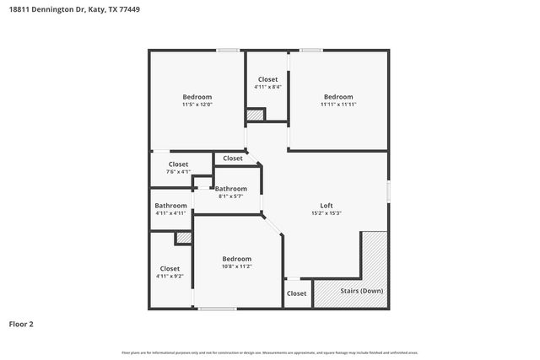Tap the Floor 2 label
tap(21, 323)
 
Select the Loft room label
tap(327, 206)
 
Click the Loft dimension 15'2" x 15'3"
tap(327, 214)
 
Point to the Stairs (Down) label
tap(361, 291)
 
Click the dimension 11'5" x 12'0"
tap(197, 105)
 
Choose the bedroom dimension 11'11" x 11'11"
tap(338, 105)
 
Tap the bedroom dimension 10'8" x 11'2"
tap(236, 266)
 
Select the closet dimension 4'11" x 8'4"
tap(267, 87)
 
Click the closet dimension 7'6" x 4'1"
tap(178, 172)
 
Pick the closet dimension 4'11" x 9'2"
tap(170, 277)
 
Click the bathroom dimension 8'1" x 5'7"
tap(230, 196)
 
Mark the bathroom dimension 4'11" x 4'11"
tap(170, 213)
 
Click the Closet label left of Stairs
tap(297, 293)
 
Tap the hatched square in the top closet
tap(255, 115)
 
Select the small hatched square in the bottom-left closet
tap(183, 239)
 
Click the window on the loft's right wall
tap(388, 191)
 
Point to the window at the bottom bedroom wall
tap(217, 309)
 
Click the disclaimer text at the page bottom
tap(269, 352)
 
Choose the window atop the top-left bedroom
tap(227, 51)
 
